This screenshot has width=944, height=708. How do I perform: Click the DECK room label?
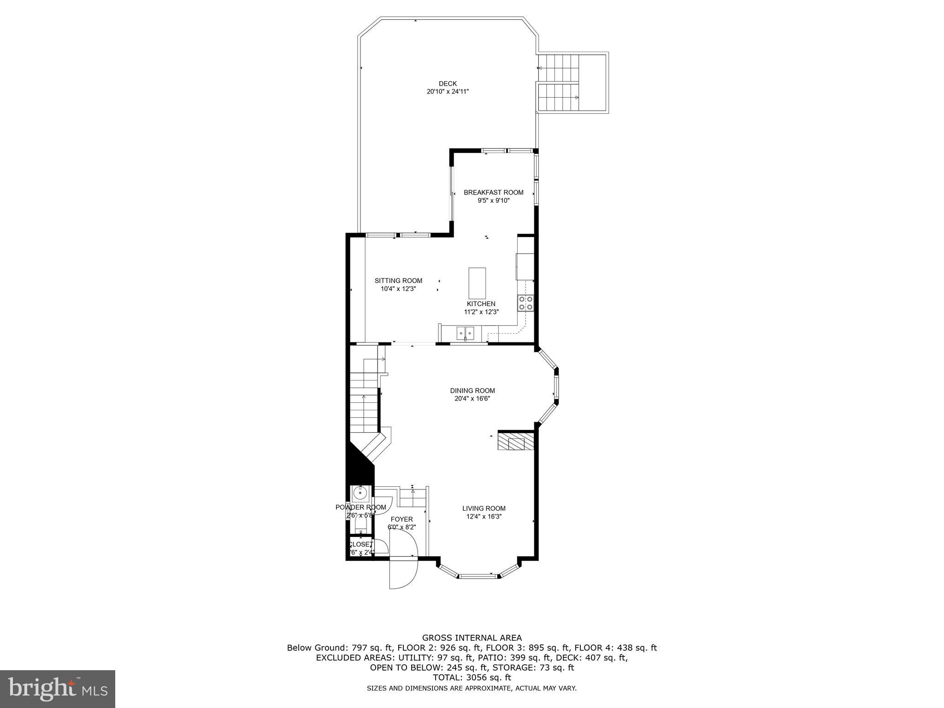[448, 83]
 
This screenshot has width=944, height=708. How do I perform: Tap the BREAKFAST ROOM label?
[493, 192]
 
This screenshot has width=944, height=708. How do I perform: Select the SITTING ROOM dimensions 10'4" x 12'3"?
[398, 289]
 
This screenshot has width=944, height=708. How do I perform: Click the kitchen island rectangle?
[477, 283]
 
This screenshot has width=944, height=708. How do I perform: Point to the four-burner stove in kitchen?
[525, 302]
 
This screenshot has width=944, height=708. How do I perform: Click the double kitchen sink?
[465, 332]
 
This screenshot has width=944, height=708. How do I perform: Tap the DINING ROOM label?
[472, 390]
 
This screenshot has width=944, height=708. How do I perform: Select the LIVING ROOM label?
[484, 508]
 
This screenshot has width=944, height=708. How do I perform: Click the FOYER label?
[401, 519]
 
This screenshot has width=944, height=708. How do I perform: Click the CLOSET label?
[360, 544]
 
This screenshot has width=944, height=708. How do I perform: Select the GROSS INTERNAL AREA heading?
[472, 638]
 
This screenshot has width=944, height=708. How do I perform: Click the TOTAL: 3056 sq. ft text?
[472, 678]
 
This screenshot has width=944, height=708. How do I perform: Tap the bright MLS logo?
[58, 689]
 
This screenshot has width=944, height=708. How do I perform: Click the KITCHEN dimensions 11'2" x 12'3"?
[481, 312]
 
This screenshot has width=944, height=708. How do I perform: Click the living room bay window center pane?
[478, 575]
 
